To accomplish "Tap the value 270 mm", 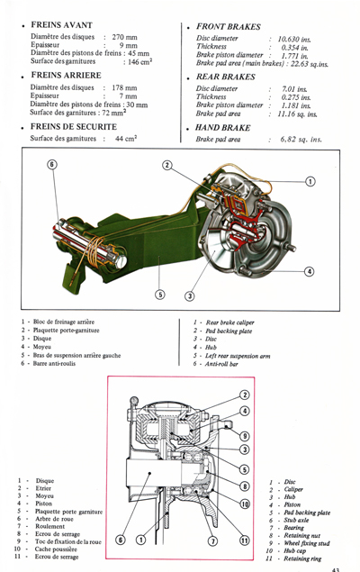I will click(x=130, y=37).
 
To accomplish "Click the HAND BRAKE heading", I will click(x=226, y=128).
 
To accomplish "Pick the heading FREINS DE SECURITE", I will click(x=76, y=126).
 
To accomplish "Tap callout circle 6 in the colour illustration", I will click(x=51, y=165).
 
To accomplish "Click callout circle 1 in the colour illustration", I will click(x=310, y=181).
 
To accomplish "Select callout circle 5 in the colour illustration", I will click(x=160, y=293).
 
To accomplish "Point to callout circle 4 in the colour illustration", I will click(x=309, y=270).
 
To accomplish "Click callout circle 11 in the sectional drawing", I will click(x=244, y=540).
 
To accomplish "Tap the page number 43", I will click(x=335, y=567).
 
